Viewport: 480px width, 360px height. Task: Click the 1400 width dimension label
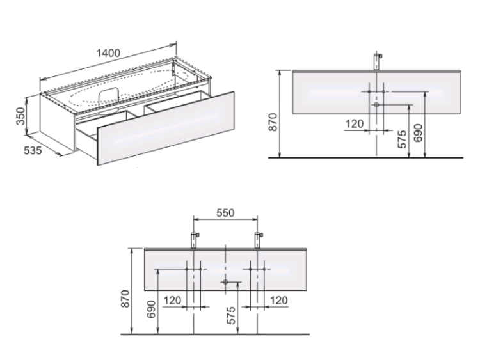[x=108, y=53]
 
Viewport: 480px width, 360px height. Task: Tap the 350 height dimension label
[x=20, y=116]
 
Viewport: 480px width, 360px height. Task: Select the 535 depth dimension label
[x=33, y=150]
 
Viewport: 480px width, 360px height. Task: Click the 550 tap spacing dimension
[x=225, y=212]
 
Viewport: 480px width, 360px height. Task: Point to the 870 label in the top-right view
[x=273, y=122]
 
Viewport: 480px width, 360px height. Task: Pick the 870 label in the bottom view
[x=125, y=299]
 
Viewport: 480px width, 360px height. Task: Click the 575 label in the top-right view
[x=403, y=139]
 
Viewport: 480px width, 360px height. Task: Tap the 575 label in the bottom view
[x=231, y=315]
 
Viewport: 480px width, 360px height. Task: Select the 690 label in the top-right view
[x=418, y=133]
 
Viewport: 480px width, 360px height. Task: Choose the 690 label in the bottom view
[x=151, y=309]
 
